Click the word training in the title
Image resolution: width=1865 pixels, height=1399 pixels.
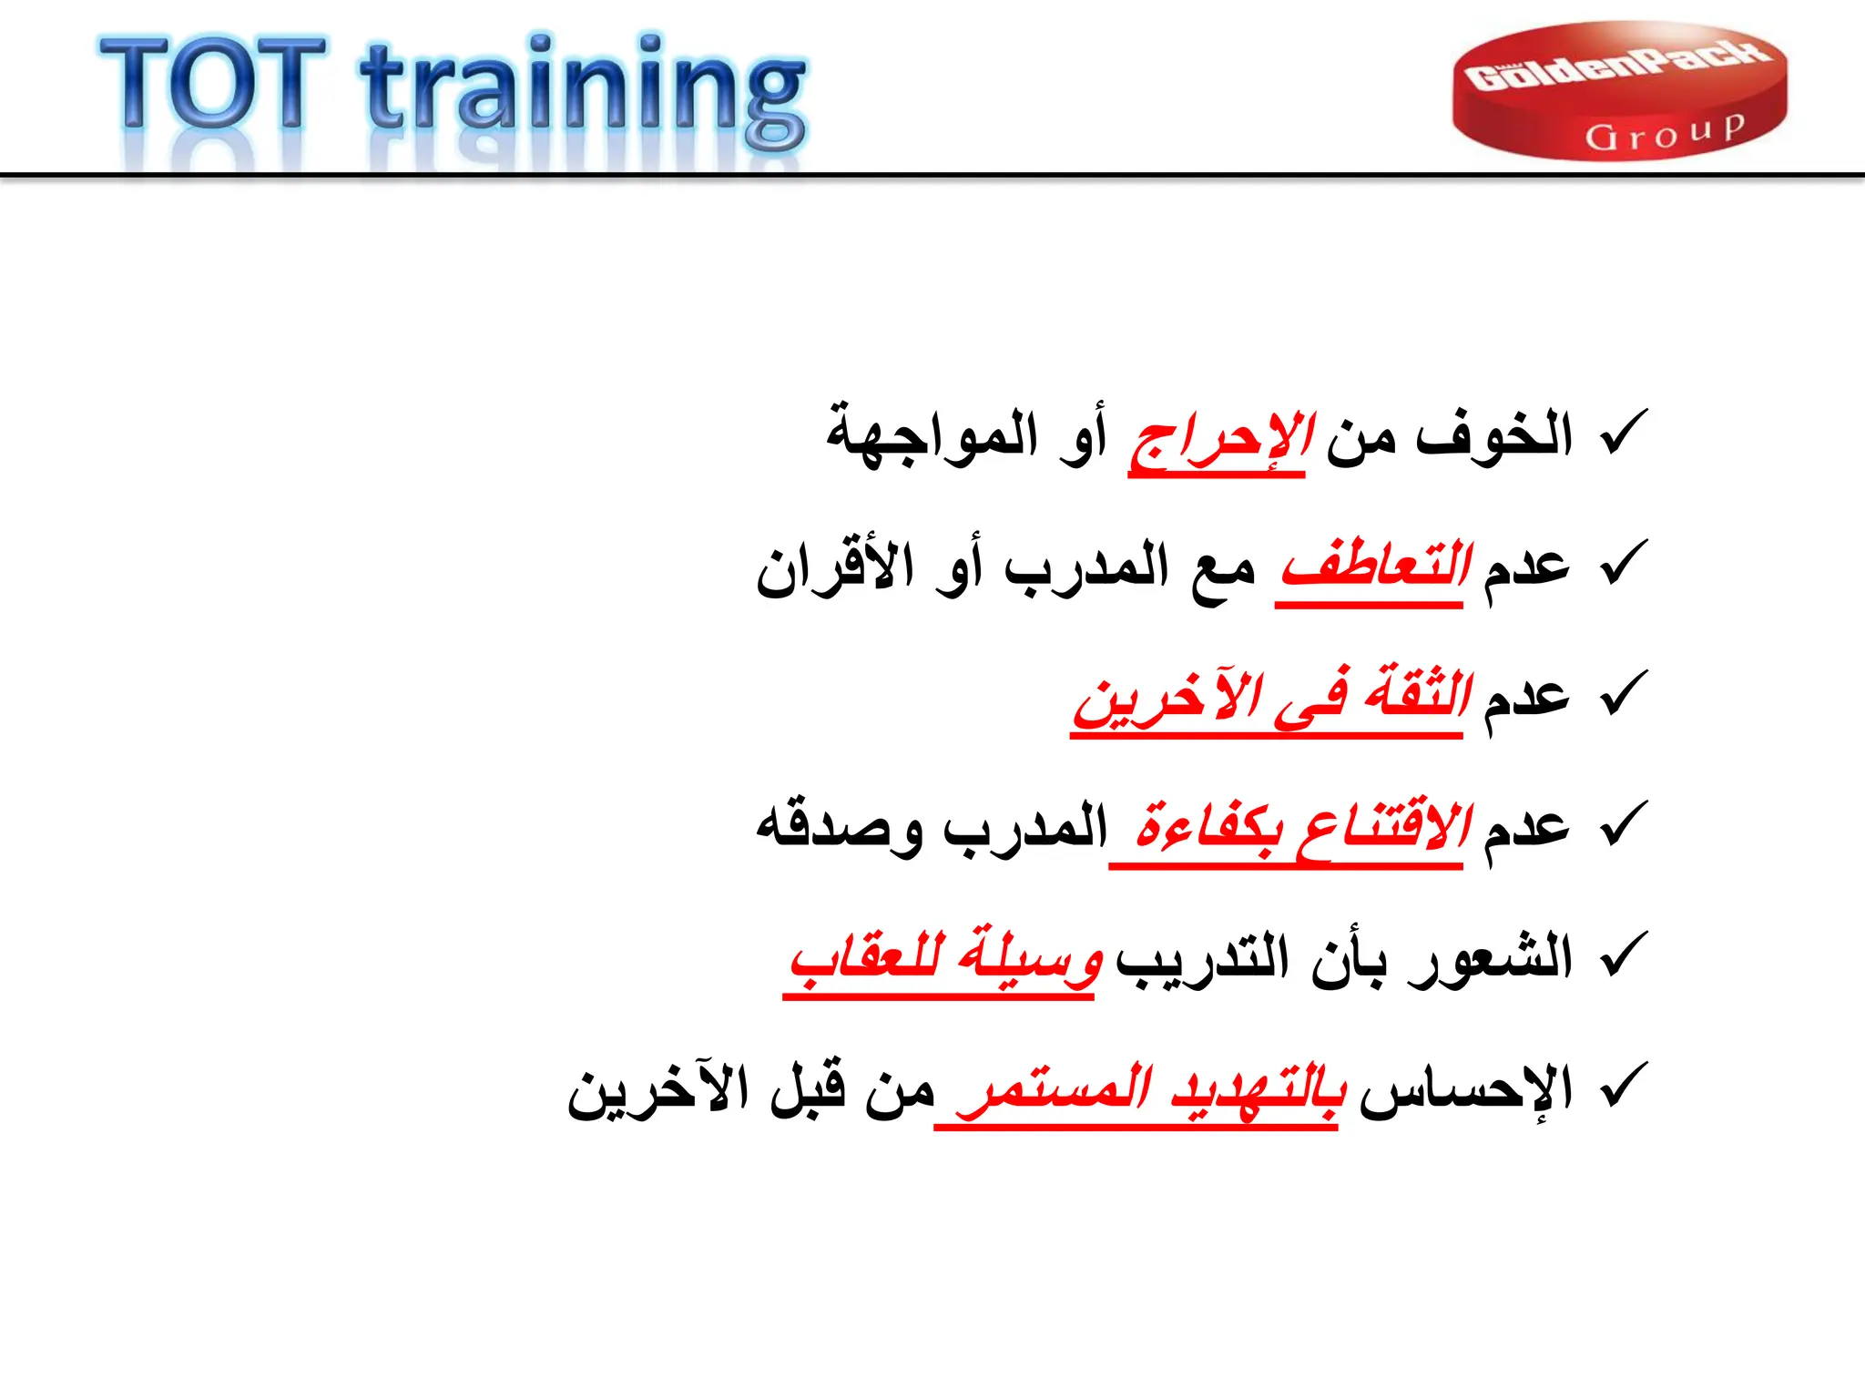(583, 91)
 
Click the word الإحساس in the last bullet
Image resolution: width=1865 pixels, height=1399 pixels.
(1466, 1089)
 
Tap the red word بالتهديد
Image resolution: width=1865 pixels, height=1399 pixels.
(1257, 1089)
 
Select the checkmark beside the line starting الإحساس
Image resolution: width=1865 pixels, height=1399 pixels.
(1623, 1085)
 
